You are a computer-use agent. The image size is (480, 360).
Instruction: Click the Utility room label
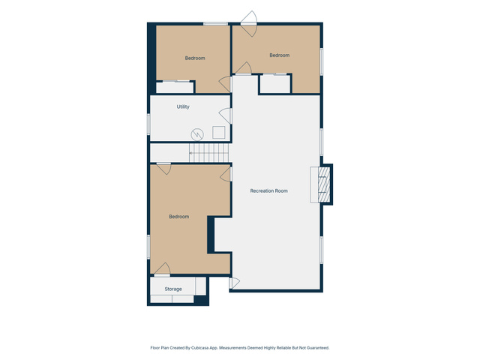coord(183,106)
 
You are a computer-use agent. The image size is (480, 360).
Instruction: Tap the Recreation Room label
coord(268,190)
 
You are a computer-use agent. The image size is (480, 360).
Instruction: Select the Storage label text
coord(173,289)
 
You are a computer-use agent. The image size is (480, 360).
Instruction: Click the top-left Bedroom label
coord(195,58)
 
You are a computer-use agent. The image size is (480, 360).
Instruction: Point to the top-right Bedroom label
coord(280,55)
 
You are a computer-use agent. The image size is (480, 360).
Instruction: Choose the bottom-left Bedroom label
coord(179,217)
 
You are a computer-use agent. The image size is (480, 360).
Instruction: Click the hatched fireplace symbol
coord(324,184)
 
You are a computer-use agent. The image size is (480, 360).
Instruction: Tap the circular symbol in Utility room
coord(197,134)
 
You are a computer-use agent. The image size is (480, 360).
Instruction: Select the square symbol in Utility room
coord(219,132)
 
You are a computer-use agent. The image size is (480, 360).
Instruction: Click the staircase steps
coord(208,153)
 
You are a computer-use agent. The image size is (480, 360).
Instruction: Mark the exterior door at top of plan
coord(248,23)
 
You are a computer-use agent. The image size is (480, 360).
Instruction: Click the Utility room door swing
coord(225,116)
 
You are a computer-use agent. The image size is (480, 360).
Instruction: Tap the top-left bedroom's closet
coord(175,87)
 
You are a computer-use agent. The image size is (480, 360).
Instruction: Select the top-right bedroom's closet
coord(275,84)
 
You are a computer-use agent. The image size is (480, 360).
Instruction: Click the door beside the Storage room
coord(234,283)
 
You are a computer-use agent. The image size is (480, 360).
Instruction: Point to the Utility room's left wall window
coord(148,124)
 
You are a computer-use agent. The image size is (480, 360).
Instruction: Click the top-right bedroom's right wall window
coord(322,61)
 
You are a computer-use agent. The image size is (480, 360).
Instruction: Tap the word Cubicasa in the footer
coord(199,348)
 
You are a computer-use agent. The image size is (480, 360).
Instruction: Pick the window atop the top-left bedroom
coord(215,24)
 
